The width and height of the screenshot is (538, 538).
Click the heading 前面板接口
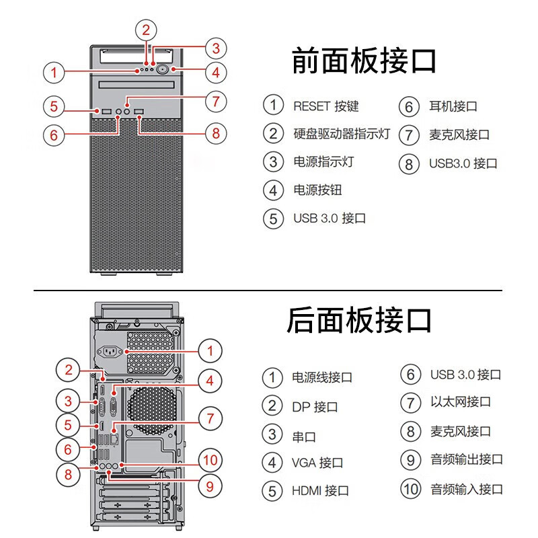364,61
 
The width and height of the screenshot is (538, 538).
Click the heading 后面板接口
359,320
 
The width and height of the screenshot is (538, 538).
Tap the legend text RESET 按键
326,106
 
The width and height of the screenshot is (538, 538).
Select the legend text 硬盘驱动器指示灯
342,133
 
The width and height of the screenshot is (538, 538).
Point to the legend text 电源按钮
317,190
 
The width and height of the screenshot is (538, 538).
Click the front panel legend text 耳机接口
453,106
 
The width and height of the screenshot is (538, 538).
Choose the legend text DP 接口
315,407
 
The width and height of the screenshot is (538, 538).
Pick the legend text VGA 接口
317,463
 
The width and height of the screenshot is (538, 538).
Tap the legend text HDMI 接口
320,491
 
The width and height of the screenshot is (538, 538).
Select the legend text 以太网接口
461,402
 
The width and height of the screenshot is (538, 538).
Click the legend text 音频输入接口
467,488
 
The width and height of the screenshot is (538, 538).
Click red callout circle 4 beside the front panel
215,71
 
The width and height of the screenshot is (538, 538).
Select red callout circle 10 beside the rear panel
210,460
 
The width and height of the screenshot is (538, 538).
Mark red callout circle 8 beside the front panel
215,133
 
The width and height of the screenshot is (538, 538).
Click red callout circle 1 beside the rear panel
210,350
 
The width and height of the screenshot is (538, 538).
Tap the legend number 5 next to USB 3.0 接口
273,219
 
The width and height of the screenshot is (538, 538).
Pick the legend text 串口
304,436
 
